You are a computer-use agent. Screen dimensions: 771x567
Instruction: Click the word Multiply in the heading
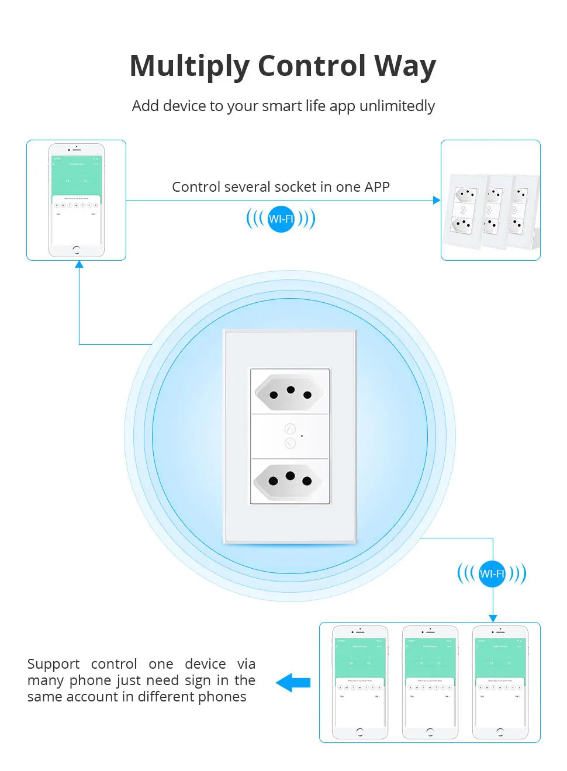pos(189,66)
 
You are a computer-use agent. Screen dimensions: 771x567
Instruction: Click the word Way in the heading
pos(404,66)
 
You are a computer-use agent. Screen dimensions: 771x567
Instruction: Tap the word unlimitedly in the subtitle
pos(397,106)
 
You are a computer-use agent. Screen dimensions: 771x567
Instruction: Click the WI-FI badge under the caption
pos(281,219)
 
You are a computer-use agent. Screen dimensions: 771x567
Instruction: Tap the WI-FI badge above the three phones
pos(492,574)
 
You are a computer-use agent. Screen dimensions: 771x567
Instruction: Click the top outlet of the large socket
pos(290,392)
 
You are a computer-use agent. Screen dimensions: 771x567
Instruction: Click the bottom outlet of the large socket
pos(290,480)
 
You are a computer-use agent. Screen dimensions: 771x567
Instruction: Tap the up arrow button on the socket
pos(290,429)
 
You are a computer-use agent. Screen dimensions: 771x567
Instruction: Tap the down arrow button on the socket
pos(290,444)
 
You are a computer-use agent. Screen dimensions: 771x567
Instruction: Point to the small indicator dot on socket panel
pos(302,436)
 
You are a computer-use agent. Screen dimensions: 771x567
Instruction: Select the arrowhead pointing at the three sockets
pos(436,200)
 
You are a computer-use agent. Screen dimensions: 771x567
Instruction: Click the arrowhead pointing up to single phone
pos(79,265)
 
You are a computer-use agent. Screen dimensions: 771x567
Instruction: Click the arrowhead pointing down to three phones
pos(493,618)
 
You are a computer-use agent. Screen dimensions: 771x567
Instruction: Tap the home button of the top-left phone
pos(76,250)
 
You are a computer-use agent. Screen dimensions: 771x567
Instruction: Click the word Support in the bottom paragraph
pos(53,665)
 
